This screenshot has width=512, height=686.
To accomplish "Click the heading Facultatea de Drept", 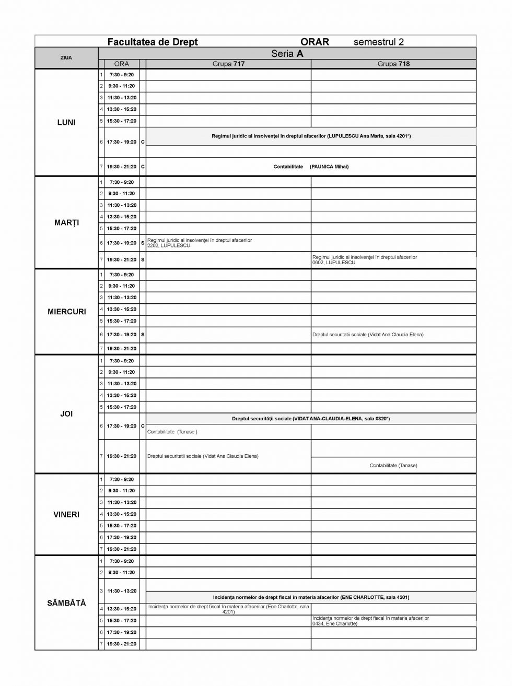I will pos(152,42).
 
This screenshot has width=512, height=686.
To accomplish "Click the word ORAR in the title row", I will pos(315,42).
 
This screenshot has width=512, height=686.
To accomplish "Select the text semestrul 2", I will pos(378,42).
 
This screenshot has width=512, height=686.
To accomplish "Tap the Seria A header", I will pos(287,53).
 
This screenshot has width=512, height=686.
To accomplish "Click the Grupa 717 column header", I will pos(228,64).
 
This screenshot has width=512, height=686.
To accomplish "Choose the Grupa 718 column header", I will pos(393,64).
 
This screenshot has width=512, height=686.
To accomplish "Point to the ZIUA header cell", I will pos(66,57).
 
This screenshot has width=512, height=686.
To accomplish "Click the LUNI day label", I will pos(66,122).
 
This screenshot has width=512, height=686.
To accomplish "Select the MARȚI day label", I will pos(66,222).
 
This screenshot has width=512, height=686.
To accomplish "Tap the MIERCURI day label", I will pos(66,312).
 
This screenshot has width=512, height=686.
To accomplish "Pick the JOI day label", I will pos(66,413).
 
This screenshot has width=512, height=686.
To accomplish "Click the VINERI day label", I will pos(66,514).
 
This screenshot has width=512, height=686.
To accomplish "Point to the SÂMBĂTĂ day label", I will pos(66,602).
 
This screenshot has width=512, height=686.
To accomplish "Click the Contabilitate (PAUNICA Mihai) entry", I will pos(311,167).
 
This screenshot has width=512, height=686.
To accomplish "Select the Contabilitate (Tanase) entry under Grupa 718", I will pos(393,465).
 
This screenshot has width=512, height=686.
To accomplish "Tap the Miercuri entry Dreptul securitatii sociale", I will pos(368,334).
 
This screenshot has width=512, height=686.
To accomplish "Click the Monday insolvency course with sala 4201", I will pos(311,136).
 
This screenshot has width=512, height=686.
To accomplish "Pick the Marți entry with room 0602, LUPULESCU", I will pos(365,259).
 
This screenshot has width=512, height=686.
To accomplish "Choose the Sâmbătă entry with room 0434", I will pos(370,620).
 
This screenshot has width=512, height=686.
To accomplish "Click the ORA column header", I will pos(121,64).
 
